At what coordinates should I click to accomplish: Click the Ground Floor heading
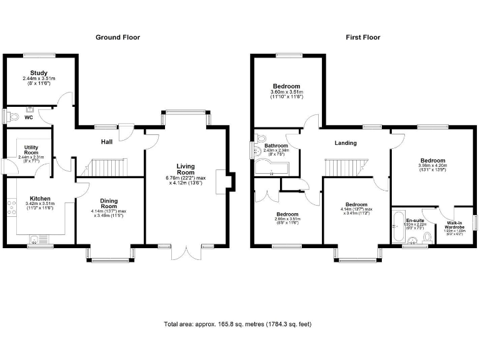coord(117,37)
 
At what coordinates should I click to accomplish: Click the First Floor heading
coord(363,37)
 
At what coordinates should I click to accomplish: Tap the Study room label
coord(39,73)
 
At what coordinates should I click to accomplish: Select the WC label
coord(29,117)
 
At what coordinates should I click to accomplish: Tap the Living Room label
coord(186,169)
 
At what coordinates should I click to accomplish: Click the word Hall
coord(107,142)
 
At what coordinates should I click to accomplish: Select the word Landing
coord(346,143)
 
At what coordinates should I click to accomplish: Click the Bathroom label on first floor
coord(275,145)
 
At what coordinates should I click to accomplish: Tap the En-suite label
coord(415,221)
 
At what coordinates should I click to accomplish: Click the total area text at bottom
coord(237,324)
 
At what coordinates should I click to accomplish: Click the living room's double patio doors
coord(186,252)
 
